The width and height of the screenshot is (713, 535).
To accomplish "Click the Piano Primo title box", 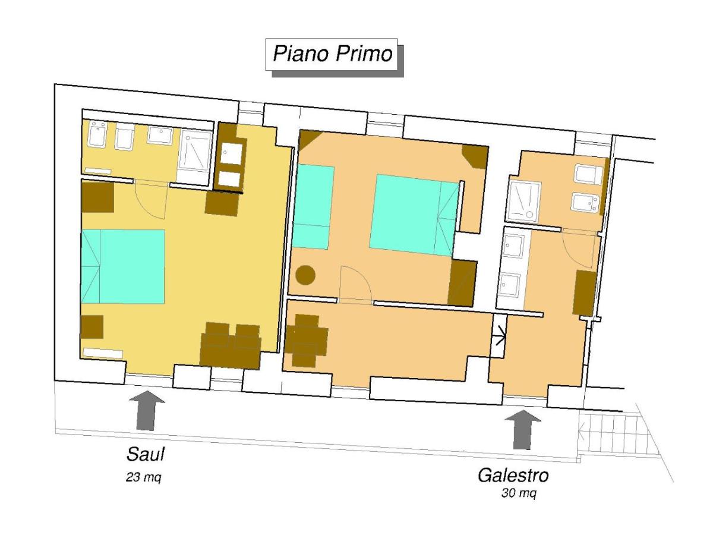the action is tap(331, 54).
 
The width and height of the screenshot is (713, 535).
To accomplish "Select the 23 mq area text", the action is tap(143, 477).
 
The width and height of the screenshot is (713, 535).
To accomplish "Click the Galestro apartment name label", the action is tap(513, 475).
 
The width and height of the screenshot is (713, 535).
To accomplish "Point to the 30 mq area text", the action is tap(519, 493).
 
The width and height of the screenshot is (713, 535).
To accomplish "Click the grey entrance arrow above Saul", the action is tap(147, 410).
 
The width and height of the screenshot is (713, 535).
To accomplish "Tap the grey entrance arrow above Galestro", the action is tap(523, 429).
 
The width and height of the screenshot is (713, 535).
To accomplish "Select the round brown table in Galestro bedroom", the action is tap(305, 275).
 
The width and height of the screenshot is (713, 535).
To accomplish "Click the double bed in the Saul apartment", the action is tap(122, 266).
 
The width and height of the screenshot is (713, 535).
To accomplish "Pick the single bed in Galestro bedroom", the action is tap(312, 207).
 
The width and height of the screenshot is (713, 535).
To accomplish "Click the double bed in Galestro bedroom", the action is tap(414, 215).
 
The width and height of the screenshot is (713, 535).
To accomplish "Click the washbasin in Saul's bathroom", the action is tap(160, 135).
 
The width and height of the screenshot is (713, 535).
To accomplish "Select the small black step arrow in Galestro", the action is tap(499, 336).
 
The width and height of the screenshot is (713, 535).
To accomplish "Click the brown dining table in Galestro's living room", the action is tap(305, 341).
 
